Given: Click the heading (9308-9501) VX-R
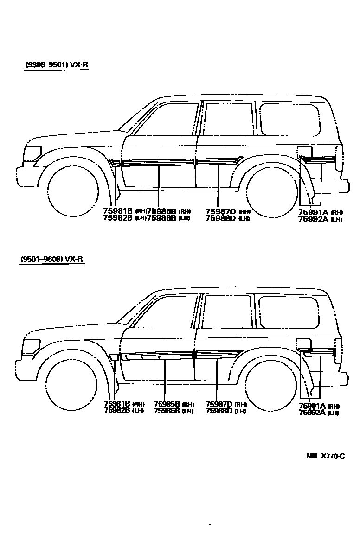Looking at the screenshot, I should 56,65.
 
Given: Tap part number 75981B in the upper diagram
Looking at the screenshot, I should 118,211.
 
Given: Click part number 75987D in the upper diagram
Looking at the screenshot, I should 221,211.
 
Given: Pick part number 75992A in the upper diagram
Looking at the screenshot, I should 313,219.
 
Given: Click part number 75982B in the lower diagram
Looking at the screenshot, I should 117,410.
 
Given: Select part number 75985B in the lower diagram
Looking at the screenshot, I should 167,404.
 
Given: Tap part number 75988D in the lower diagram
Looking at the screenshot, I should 219,411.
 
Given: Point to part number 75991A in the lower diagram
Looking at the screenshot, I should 313,406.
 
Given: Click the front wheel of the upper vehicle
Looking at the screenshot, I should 73,192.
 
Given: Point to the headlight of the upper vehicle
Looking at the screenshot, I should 32,153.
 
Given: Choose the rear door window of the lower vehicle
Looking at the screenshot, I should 227,311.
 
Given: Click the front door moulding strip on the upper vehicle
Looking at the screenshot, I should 158,163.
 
